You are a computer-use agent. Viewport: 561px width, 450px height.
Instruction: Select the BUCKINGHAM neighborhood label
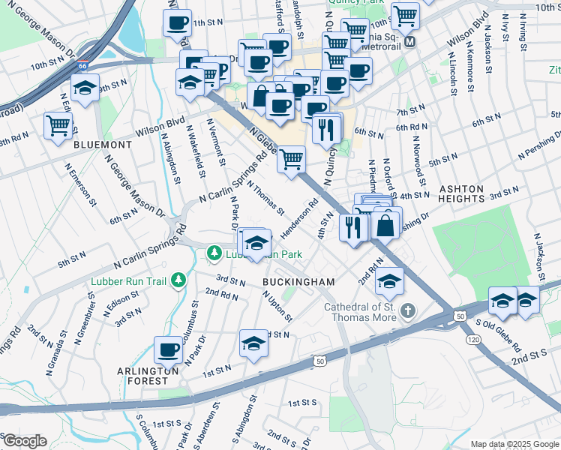pyautogui.click(x=298, y=280)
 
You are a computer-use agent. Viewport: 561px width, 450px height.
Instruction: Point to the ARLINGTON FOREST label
pyautogui.click(x=148, y=376)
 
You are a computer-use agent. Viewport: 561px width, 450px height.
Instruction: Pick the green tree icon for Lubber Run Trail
pyautogui.click(x=178, y=280)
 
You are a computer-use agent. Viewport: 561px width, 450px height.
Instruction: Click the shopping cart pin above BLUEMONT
pyautogui.click(x=58, y=125)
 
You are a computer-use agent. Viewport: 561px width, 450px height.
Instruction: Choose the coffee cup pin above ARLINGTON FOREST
pyautogui.click(x=168, y=349)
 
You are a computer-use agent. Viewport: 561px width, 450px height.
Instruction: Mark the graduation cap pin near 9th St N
pyautogui.click(x=85, y=87)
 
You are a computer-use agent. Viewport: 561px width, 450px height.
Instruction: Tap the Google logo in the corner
pyautogui.click(x=25, y=441)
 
